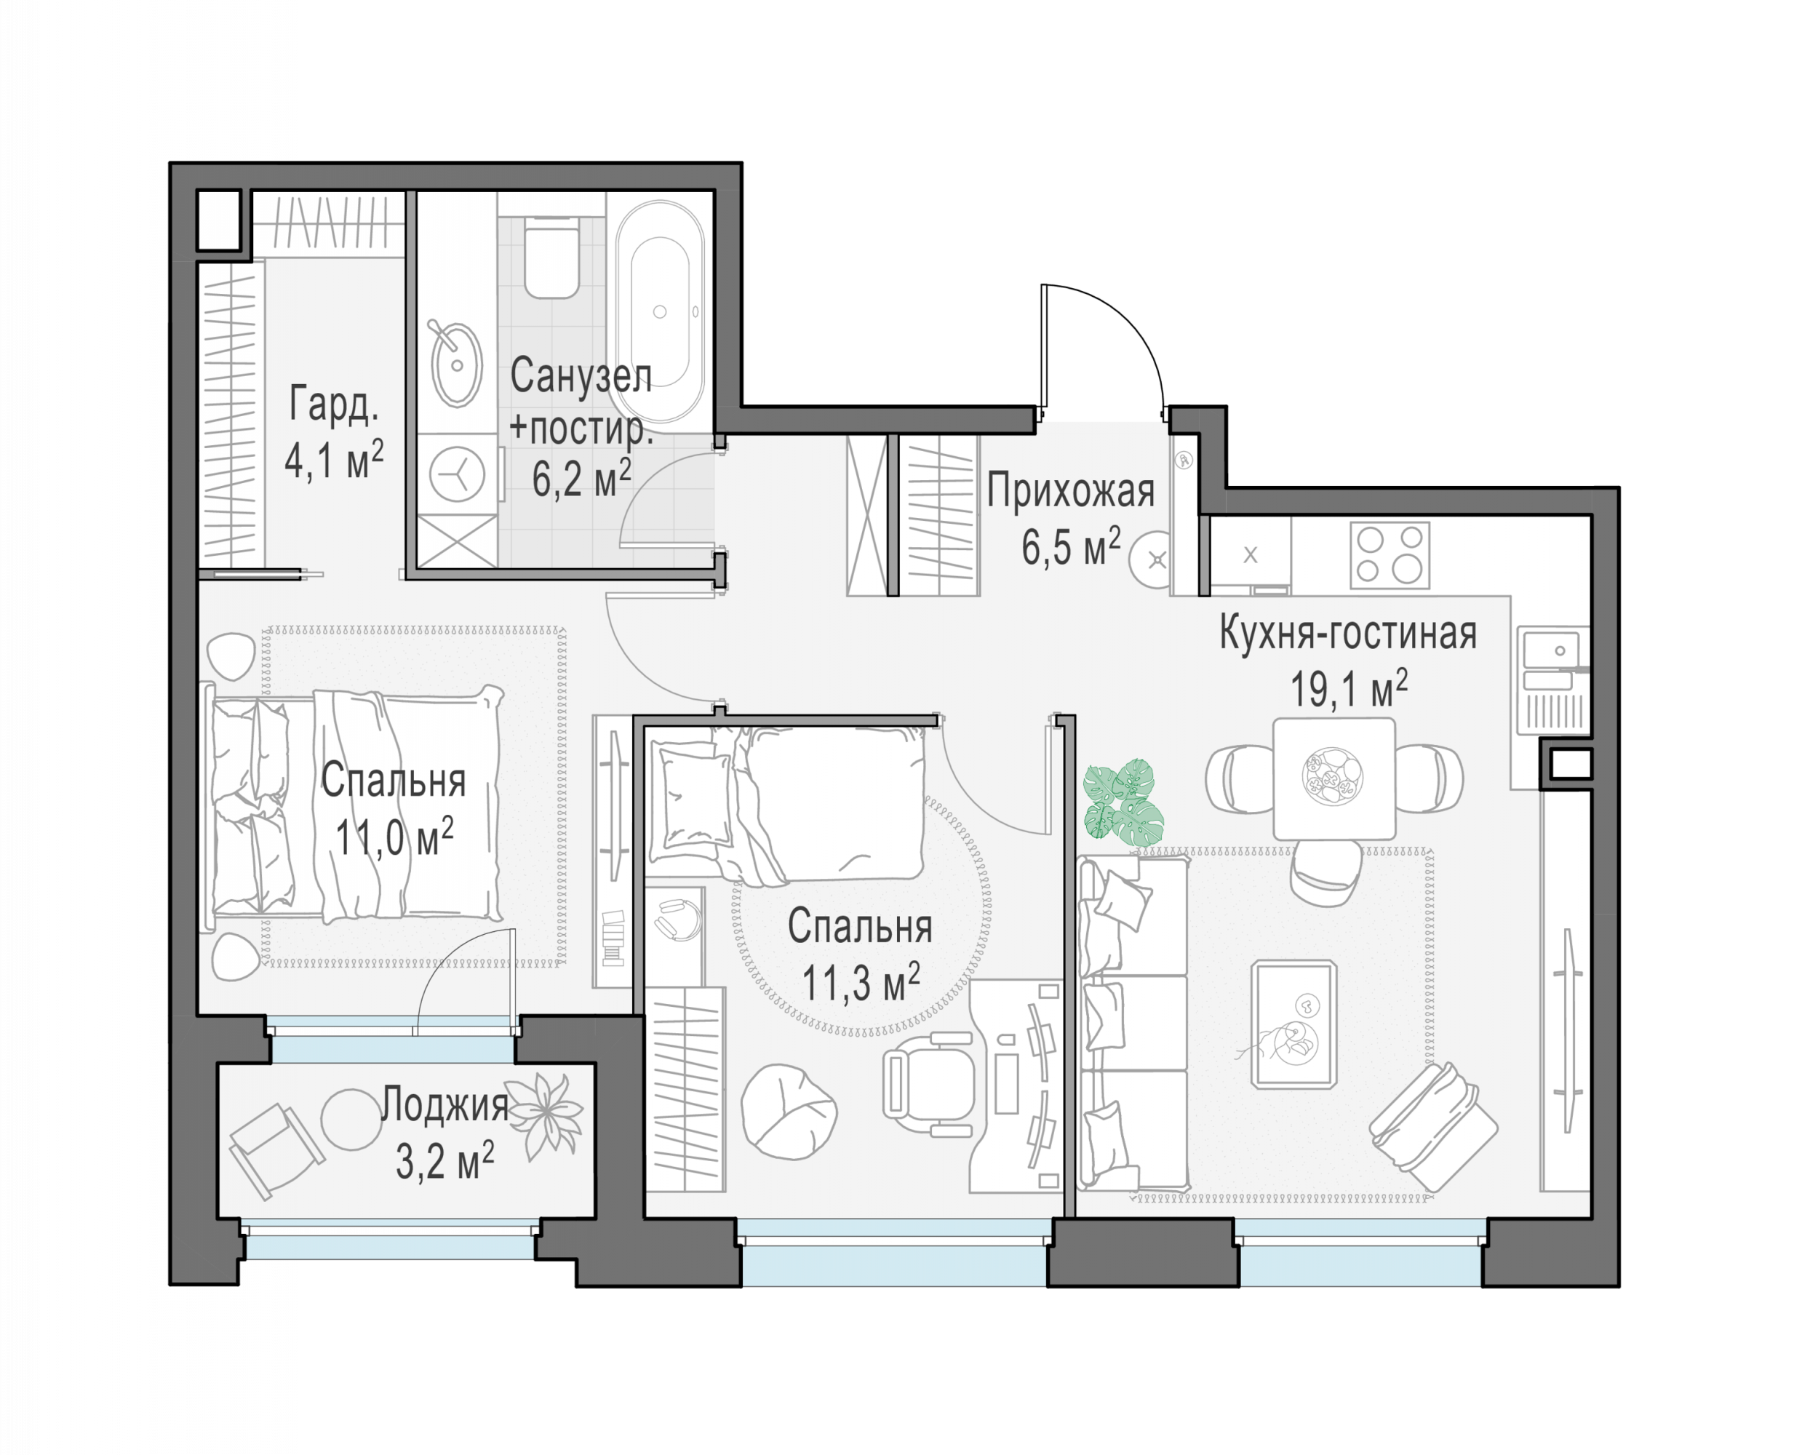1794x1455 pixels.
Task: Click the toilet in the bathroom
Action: tap(551, 258)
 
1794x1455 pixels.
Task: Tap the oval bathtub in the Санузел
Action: tap(661, 312)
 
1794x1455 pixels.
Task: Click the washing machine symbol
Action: tap(457, 474)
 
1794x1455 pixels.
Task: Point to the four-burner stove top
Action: tap(1390, 555)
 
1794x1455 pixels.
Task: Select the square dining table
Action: tap(1334, 778)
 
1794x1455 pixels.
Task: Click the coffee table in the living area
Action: tap(1293, 1024)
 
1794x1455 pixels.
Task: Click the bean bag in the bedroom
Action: tap(789, 1112)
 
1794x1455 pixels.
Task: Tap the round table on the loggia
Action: tap(352, 1119)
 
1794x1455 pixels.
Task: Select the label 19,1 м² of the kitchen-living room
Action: tap(1348, 689)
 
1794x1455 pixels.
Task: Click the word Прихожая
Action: tap(1070, 490)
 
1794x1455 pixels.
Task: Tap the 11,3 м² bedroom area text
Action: tap(861, 981)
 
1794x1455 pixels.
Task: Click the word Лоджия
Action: tap(445, 1106)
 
